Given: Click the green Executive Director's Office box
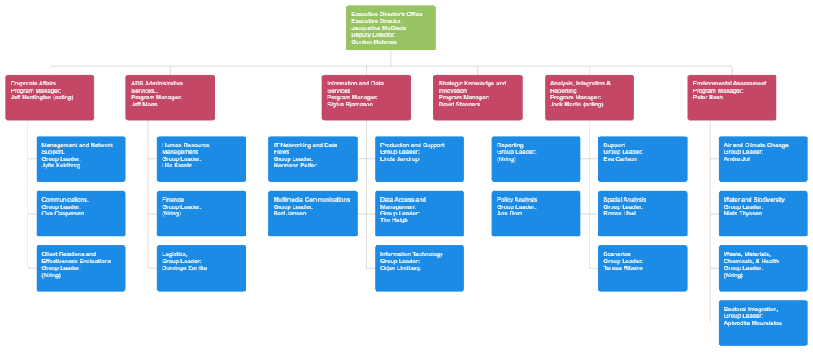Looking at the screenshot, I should (x=390, y=28).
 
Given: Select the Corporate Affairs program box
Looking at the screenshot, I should (x=50, y=98).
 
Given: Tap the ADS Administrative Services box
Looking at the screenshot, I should (x=170, y=98).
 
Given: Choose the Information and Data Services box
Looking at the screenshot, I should (x=366, y=98).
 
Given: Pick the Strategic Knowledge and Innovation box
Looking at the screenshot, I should (x=477, y=98).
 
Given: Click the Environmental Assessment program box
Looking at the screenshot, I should (x=732, y=98).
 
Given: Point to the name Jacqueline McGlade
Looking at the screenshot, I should (x=379, y=28).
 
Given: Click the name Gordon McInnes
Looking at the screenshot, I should (x=373, y=41).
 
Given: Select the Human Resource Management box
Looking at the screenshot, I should (x=201, y=158).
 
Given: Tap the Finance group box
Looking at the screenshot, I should (x=201, y=213).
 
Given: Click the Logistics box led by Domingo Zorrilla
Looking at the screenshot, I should (x=201, y=267).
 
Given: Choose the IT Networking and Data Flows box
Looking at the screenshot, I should (x=313, y=158).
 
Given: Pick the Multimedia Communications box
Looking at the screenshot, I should (x=313, y=213).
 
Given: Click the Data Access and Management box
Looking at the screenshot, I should (x=420, y=213).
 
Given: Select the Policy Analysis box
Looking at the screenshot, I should (x=536, y=213).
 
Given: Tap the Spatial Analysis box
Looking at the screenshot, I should (x=642, y=213).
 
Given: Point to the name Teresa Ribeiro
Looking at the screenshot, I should (x=623, y=267).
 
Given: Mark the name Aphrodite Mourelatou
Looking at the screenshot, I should (x=753, y=323).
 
